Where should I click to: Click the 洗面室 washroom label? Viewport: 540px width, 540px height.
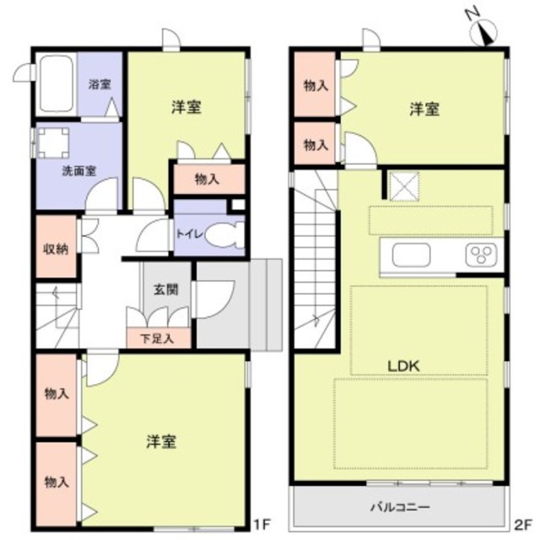coord(78,170)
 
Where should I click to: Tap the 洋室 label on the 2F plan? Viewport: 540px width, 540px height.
coord(424,109)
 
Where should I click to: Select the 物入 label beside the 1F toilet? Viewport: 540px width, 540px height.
coord(207,179)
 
